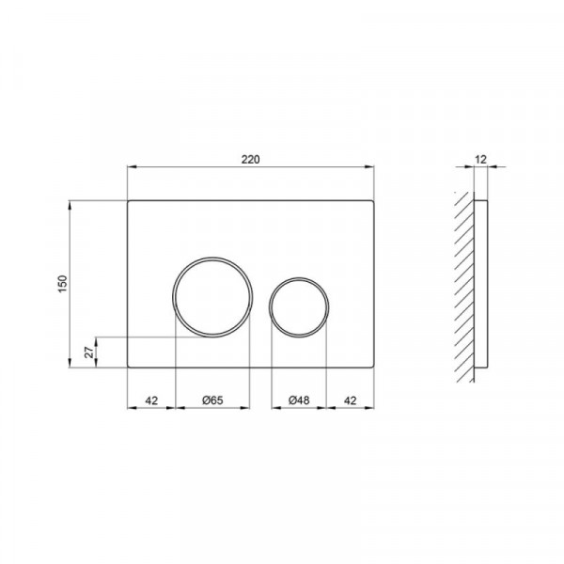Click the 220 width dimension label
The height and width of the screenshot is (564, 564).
point(250,160)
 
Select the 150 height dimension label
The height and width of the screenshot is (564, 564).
point(63,284)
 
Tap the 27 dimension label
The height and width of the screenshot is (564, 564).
point(89,352)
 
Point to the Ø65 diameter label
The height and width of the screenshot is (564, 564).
point(212,400)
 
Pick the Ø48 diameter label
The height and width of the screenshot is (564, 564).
point(299,400)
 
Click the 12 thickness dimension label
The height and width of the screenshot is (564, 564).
point(480,160)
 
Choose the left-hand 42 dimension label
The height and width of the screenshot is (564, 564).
point(151,400)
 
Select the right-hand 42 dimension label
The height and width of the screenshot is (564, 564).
point(350,400)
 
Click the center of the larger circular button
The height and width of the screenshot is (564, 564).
point(212,297)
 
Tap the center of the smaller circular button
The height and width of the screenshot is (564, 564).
point(299,307)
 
